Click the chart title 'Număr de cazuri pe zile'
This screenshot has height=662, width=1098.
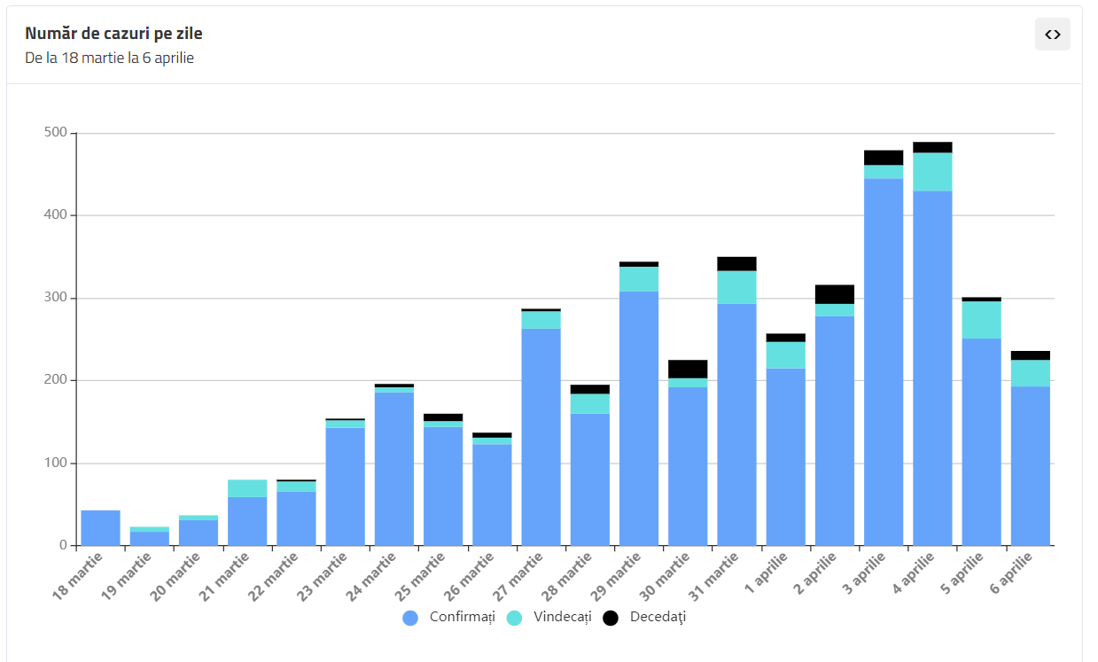[113, 34]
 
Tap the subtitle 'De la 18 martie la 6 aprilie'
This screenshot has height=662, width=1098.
[109, 58]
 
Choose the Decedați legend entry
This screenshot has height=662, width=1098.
[645, 618]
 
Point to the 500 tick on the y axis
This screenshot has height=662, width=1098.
[55, 133]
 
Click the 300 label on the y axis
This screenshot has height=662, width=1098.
[55, 298]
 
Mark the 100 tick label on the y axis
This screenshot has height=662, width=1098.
[55, 463]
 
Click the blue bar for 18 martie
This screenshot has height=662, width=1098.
[100, 527]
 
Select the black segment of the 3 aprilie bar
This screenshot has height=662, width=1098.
[884, 158]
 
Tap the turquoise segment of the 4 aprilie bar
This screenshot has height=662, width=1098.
[932, 172]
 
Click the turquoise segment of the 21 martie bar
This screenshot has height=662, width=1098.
[247, 488]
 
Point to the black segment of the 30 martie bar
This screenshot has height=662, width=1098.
[688, 369]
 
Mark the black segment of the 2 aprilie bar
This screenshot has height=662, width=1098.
[835, 294]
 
